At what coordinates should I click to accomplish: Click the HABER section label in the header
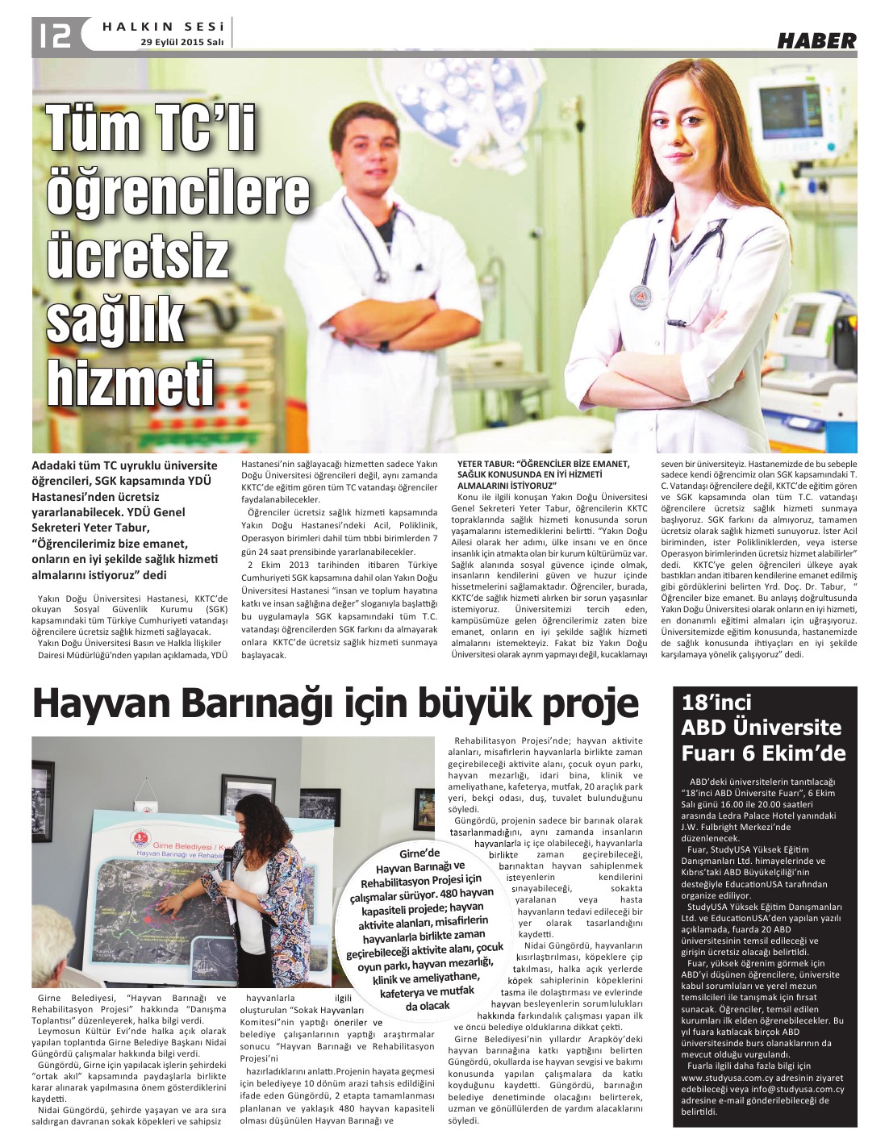click(x=816, y=40)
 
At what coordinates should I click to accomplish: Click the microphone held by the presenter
click(x=227, y=868)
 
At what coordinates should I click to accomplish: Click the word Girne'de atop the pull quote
click(x=420, y=854)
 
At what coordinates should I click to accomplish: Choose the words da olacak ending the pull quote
click(x=428, y=1006)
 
